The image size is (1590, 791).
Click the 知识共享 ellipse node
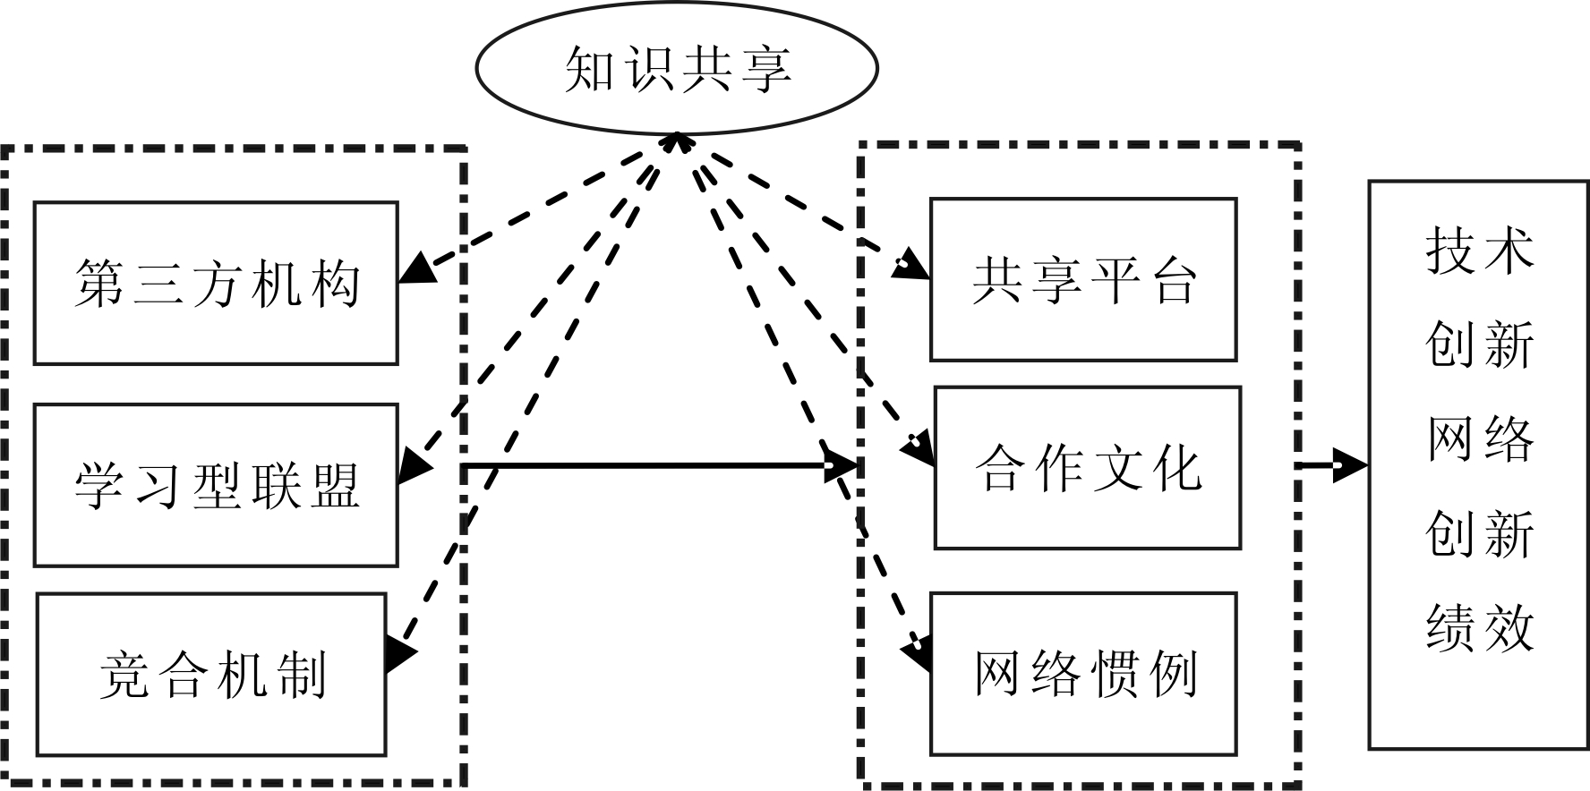coord(676,69)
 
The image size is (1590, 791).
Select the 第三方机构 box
coord(216,283)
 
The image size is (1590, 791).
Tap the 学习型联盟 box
coord(216,485)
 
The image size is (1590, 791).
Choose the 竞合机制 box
coord(211,674)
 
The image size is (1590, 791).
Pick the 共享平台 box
coord(1083,279)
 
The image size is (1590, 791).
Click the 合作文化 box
coord(1088,467)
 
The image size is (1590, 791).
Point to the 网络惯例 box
coord(1083,674)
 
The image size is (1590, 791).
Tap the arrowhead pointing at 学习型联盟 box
coord(413,466)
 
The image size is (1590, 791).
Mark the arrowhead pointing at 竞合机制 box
coord(400,653)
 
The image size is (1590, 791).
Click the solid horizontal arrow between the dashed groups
coord(645,465)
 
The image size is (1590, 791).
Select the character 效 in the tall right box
coord(1508,626)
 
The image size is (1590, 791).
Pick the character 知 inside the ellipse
coord(591,69)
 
